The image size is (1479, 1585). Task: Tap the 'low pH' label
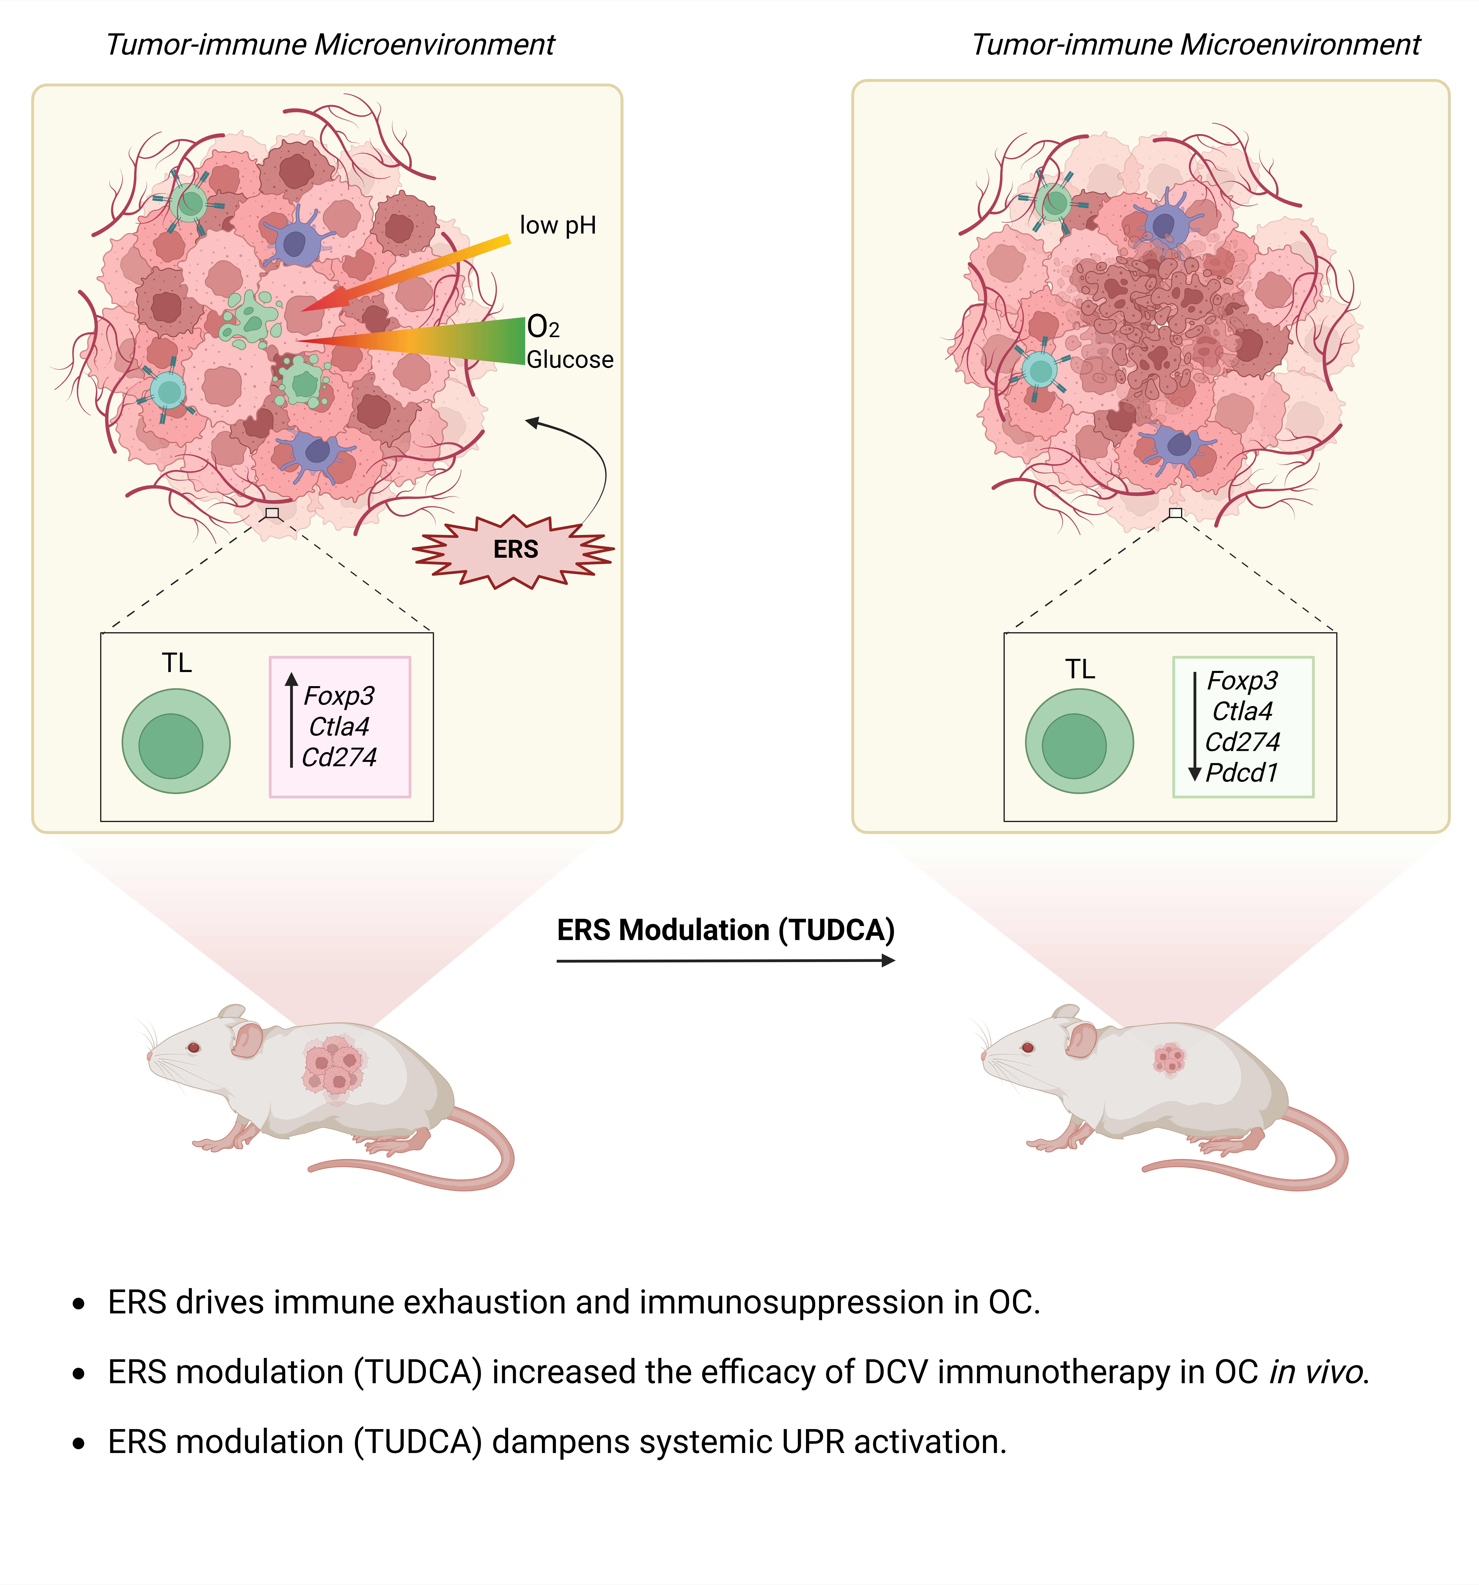point(557,226)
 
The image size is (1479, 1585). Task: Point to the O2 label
point(543,327)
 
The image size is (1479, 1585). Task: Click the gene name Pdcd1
point(1241,772)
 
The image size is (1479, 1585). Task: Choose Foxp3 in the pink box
point(339,696)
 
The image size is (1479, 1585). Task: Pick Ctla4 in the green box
point(1242,711)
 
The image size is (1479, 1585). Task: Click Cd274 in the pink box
point(339,757)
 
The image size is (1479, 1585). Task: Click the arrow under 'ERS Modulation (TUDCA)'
point(726,961)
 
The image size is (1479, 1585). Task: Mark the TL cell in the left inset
point(176,741)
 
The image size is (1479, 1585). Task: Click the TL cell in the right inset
point(1079,741)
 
